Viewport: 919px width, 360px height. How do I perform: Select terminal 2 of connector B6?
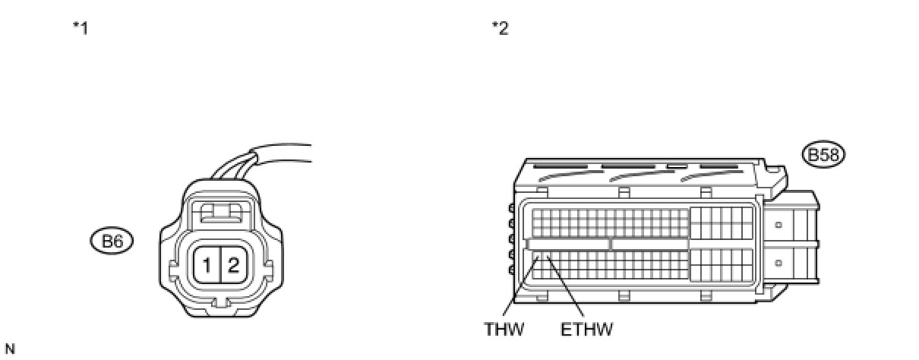(233, 265)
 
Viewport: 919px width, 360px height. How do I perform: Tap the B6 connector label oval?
(111, 242)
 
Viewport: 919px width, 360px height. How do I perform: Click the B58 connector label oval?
(823, 155)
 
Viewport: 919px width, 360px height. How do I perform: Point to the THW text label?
(504, 329)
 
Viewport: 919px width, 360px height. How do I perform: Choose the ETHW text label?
(586, 329)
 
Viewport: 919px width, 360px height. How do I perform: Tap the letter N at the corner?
(8, 349)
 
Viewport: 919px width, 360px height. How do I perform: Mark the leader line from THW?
(520, 289)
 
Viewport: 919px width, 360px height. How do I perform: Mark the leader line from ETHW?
(565, 289)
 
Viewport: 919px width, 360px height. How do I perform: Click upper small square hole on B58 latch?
(778, 225)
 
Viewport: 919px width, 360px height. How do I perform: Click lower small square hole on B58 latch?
(778, 263)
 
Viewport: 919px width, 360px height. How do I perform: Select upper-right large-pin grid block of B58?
(722, 222)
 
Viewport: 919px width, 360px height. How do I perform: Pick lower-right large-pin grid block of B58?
(722, 266)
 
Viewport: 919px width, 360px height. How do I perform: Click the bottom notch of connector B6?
(219, 304)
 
